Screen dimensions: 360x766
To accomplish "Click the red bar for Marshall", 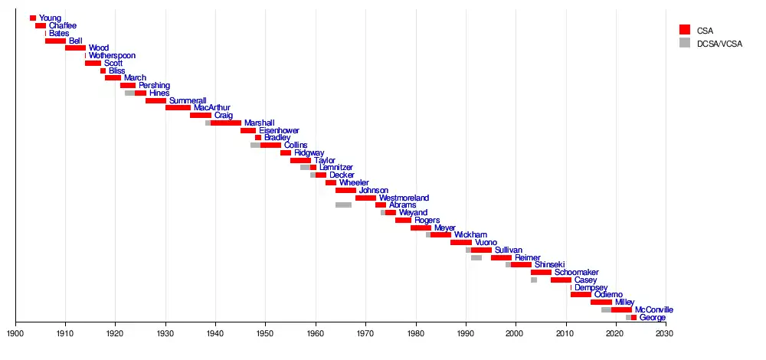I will click(x=226, y=123).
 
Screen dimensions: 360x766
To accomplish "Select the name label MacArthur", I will click(x=212, y=108).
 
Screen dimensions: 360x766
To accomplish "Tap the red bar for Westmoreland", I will click(x=365, y=198).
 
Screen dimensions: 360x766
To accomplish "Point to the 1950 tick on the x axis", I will click(x=266, y=324).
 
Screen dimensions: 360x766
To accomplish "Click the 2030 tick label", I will click(x=666, y=333).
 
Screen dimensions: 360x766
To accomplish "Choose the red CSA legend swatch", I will click(x=685, y=29).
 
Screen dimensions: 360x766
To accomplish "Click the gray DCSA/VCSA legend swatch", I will click(x=685, y=42).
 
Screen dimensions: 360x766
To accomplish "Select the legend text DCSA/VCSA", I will click(x=720, y=43).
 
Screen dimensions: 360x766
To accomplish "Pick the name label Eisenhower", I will click(x=279, y=130).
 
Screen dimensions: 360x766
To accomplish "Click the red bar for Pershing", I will click(x=128, y=86).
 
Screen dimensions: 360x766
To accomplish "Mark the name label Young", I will click(x=51, y=18).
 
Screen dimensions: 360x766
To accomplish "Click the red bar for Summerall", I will click(x=155, y=100).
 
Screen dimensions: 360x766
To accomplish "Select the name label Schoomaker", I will click(x=576, y=273).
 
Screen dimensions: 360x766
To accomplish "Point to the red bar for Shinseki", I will click(x=521, y=265).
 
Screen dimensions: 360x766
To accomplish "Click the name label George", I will click(x=652, y=317).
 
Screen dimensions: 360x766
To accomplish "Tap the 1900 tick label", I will click(x=15, y=333).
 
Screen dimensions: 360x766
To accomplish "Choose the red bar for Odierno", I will click(x=581, y=295).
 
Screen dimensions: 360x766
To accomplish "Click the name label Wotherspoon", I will click(x=113, y=56).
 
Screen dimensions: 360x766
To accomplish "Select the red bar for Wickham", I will click(x=440, y=235).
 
